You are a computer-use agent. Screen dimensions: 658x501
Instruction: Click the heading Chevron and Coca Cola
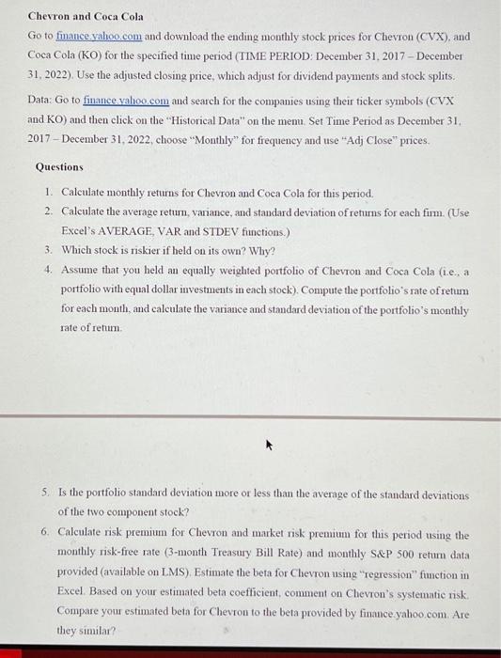point(86,17)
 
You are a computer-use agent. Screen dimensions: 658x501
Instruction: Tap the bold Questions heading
point(59,166)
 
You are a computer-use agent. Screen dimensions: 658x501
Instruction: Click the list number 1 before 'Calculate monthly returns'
point(47,193)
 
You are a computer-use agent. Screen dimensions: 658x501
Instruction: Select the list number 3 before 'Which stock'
point(47,250)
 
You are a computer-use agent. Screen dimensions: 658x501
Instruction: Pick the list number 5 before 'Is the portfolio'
point(47,494)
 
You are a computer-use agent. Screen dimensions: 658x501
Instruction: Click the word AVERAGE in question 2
point(125,230)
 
